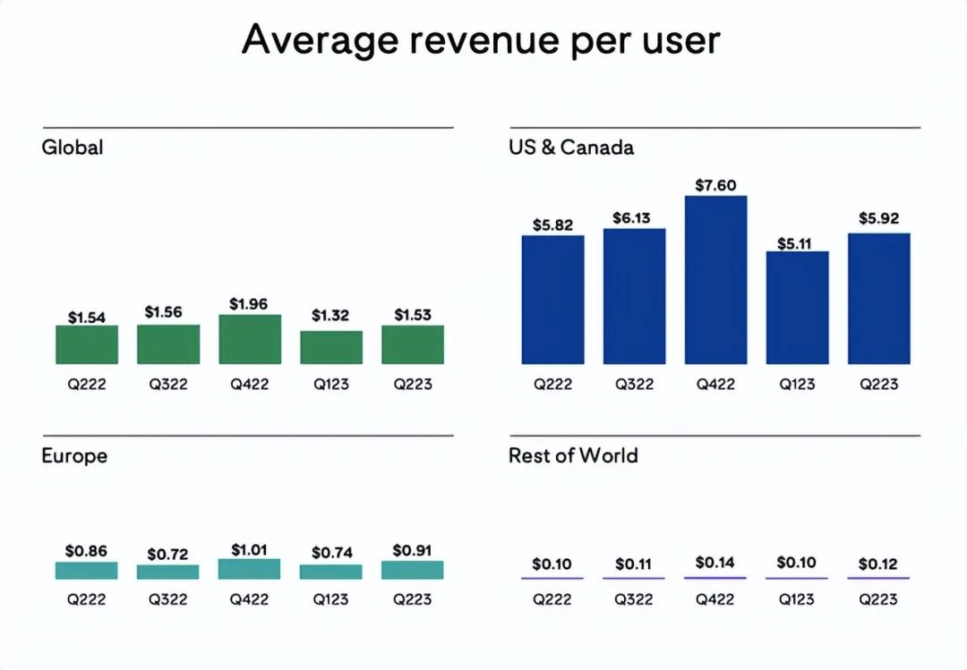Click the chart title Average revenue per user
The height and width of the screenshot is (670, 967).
pos(481,40)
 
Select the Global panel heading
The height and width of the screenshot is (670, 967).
pos(73,148)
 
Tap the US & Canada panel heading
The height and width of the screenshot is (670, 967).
pos(571,148)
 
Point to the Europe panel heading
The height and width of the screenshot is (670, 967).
pos(74,456)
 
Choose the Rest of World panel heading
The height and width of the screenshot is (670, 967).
pos(573,456)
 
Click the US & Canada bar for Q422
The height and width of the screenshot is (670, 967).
pos(715,280)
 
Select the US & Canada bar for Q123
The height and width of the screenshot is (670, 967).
pos(797,308)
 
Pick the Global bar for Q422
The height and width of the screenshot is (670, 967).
pos(250,339)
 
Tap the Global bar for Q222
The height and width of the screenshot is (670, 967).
pos(87,344)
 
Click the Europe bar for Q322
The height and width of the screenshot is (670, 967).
pos(168,572)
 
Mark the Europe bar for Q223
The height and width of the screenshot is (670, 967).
pos(412,570)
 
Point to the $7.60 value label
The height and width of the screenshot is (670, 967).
pos(715,185)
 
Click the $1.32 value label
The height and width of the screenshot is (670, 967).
pos(331,316)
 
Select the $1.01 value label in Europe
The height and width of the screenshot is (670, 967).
pos(250,549)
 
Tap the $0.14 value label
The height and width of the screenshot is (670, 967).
pos(715,564)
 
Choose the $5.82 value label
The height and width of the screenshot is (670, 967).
pos(552,225)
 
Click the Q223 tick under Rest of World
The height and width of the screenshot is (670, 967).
pos(877,599)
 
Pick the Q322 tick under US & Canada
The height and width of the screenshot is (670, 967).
pos(634,385)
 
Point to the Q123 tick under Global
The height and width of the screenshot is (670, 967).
pos(331,385)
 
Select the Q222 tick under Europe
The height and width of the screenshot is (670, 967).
pos(87,599)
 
